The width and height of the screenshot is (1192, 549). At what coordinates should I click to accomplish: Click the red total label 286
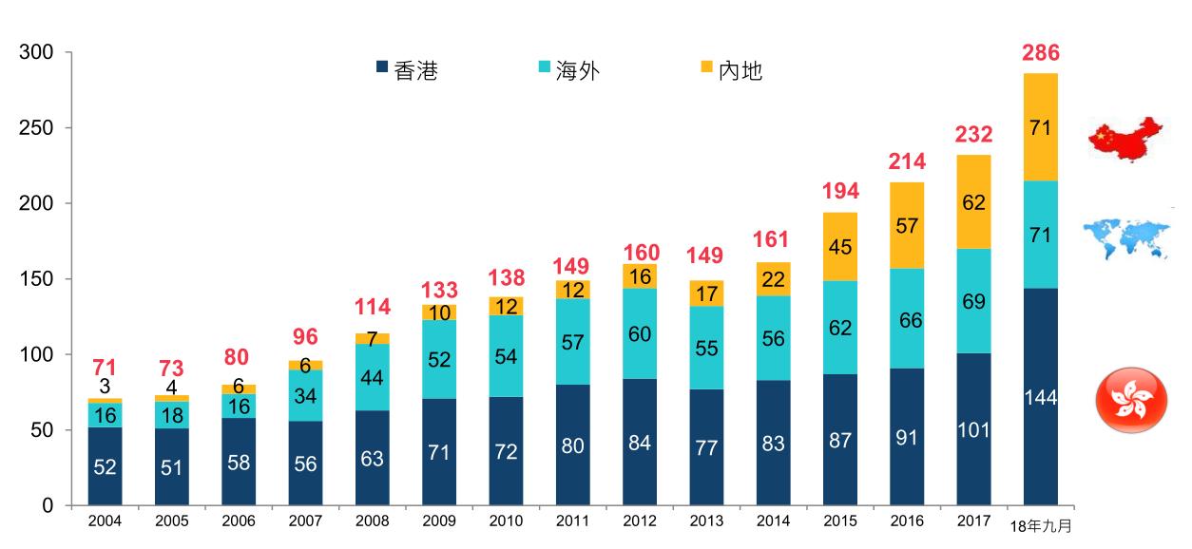point(1040,52)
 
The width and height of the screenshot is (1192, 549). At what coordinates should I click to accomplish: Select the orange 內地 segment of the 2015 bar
point(840,246)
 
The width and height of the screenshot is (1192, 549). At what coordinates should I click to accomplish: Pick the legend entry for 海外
point(568,70)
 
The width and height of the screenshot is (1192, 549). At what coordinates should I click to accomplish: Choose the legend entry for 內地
point(731,70)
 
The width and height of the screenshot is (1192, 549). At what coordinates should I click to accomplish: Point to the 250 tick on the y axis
point(35,128)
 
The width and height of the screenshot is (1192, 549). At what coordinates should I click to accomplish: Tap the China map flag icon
point(1125,140)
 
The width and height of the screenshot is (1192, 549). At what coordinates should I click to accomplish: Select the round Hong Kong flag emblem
point(1125,402)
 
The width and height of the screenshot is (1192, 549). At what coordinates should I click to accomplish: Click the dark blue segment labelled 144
point(1040,397)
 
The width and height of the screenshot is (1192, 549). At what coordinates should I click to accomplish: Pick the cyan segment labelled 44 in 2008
point(373,378)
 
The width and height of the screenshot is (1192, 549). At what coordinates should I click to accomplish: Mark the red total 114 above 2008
point(373,309)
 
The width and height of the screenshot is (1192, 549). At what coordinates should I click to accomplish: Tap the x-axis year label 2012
point(639,522)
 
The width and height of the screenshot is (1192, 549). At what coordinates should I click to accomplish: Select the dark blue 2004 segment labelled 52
point(106,465)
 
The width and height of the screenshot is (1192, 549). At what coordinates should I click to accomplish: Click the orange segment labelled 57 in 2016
point(907,225)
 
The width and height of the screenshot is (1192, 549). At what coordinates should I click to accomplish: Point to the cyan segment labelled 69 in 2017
point(973,301)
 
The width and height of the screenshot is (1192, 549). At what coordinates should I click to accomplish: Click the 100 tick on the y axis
point(35,355)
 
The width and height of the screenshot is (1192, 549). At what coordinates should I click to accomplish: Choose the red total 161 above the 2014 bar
point(773,238)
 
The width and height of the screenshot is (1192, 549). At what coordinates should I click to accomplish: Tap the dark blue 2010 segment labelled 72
point(506,451)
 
